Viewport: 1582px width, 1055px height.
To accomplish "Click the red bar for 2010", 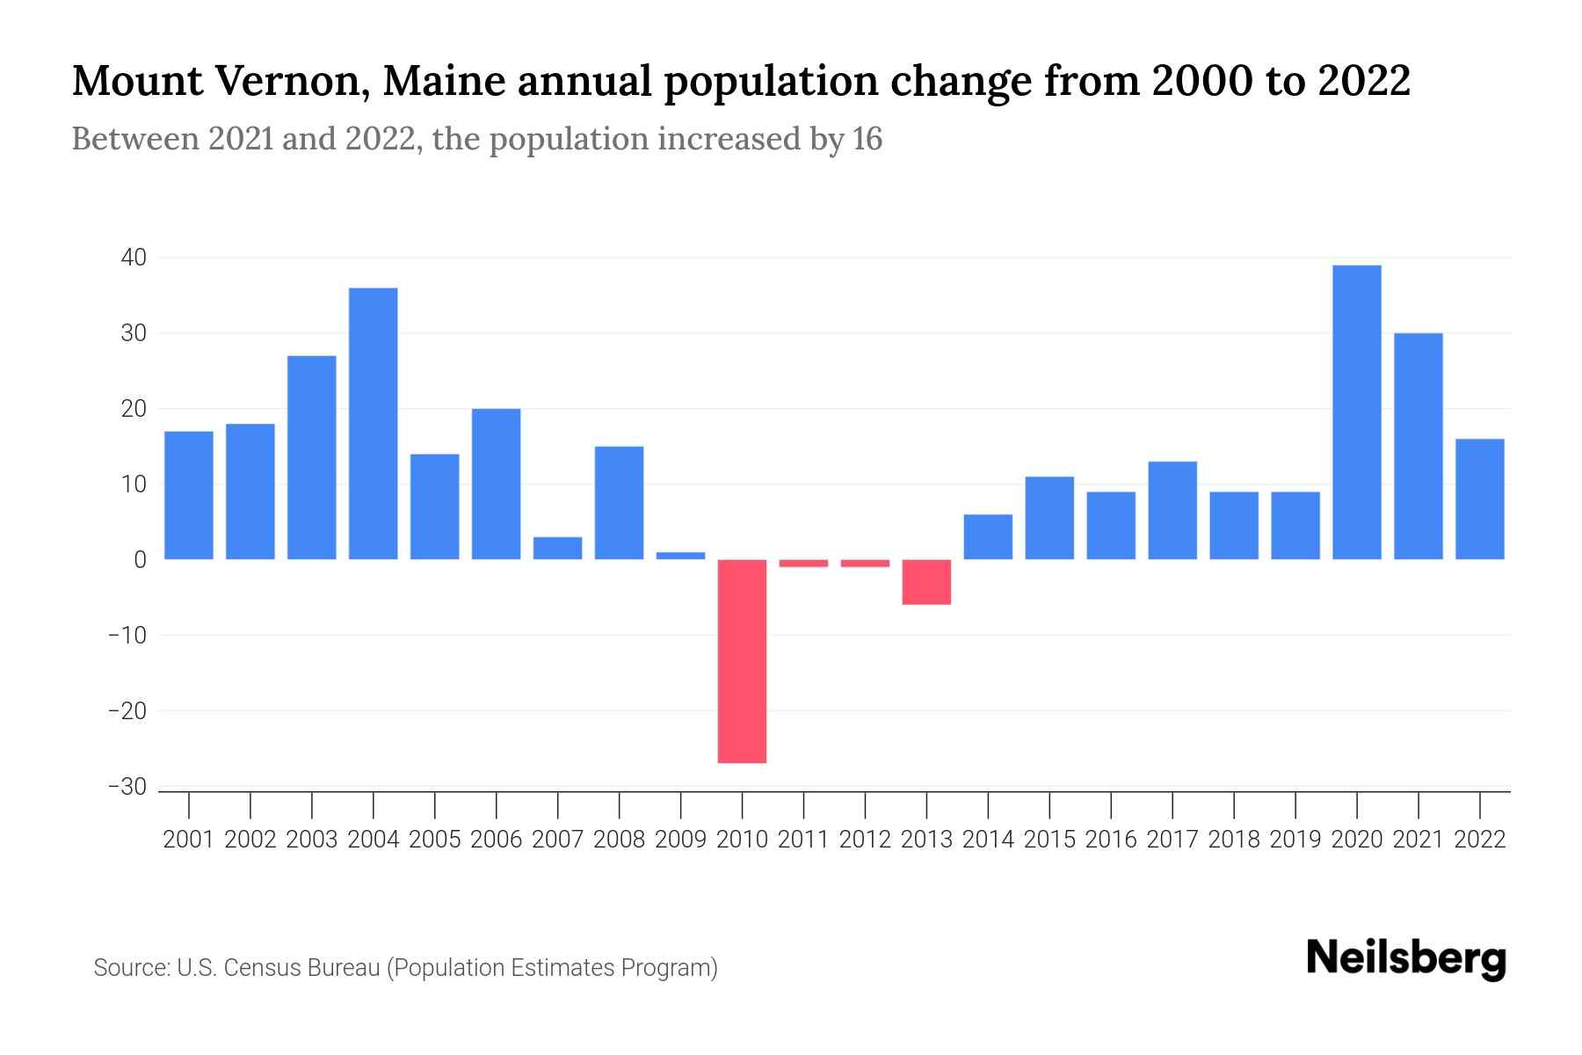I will [742, 661].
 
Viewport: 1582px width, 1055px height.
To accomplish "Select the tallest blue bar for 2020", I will [1357, 412].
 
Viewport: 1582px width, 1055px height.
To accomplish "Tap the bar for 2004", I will [374, 424].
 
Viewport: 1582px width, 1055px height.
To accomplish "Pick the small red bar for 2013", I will [926, 582].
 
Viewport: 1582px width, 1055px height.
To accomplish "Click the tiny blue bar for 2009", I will [681, 556].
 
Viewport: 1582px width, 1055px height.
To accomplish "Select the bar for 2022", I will [1480, 499].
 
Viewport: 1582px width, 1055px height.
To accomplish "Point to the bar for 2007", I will [558, 549].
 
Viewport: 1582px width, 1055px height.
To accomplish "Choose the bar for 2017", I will [1172, 511].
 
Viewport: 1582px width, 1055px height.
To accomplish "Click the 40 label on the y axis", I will [134, 258].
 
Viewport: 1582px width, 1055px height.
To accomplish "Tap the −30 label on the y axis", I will [127, 787].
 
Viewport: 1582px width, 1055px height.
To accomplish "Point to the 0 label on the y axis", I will [140, 560].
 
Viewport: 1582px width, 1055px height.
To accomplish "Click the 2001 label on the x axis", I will [189, 840].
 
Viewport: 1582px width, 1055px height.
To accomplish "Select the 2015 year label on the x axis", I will [1049, 840].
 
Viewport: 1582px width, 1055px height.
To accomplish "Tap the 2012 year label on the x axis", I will [865, 840].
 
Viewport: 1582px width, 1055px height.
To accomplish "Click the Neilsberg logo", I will [1406, 958].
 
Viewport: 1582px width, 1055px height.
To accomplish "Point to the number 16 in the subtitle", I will [867, 139].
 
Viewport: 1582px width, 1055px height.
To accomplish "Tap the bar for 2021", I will [1419, 447].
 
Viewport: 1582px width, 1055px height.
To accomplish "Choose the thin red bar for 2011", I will [803, 564].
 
